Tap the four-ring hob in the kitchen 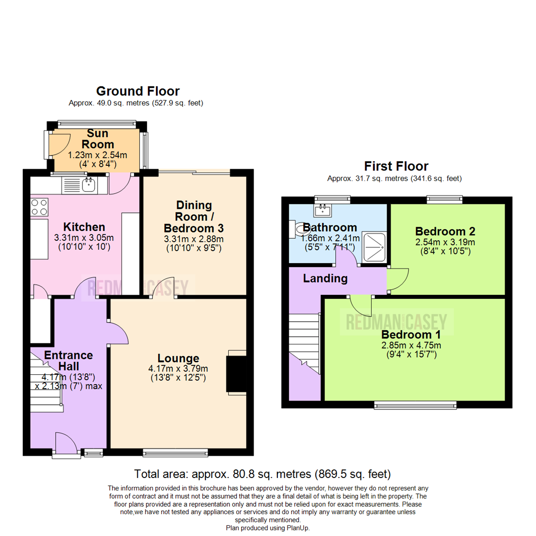(x=39, y=207)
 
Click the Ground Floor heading (x=137, y=91)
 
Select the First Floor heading (x=396, y=166)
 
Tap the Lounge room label (x=178, y=358)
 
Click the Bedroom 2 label (x=445, y=231)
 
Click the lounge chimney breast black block (x=236, y=372)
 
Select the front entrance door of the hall (x=66, y=443)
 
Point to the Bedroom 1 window (x=415, y=405)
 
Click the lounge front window (x=175, y=452)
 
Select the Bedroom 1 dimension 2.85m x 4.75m (x=411, y=345)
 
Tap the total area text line (x=263, y=473)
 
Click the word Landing (x=326, y=278)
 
